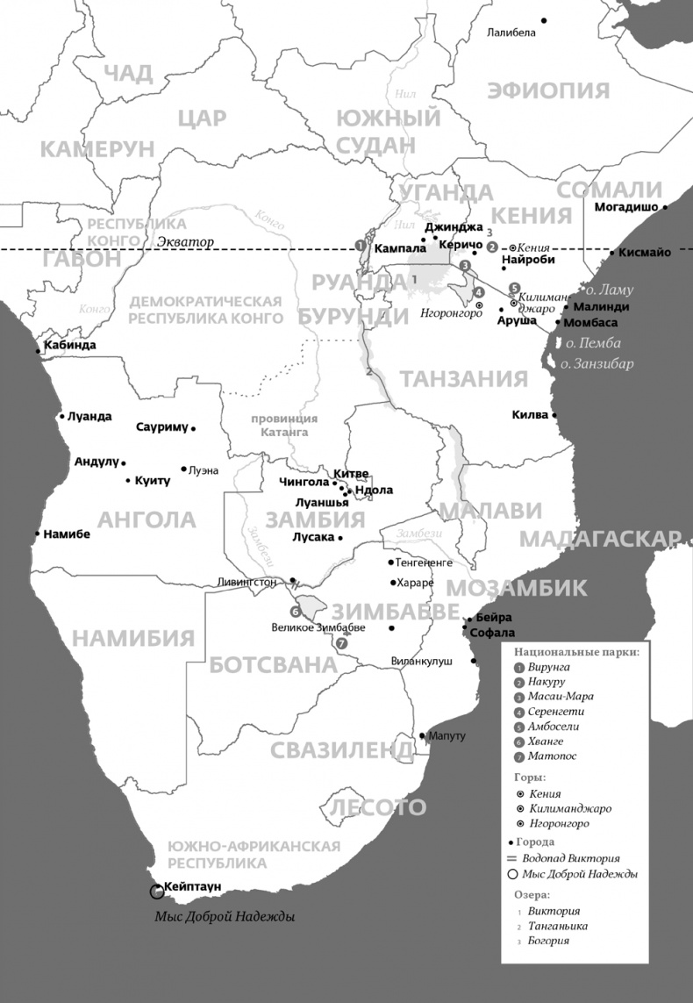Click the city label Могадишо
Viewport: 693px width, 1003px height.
tap(626, 208)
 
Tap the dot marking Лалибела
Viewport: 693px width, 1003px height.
tap(544, 20)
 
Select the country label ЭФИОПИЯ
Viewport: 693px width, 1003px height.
tap(548, 90)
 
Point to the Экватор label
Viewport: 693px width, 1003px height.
tap(185, 241)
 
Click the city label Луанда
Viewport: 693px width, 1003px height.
tap(89, 416)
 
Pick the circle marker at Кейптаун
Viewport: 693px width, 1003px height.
tap(157, 892)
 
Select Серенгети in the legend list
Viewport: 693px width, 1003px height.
tap(556, 712)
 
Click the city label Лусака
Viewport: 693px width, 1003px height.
tap(315, 537)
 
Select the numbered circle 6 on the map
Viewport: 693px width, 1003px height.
tap(296, 611)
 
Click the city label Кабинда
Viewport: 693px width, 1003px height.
tap(69, 345)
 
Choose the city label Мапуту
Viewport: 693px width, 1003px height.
tap(447, 735)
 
